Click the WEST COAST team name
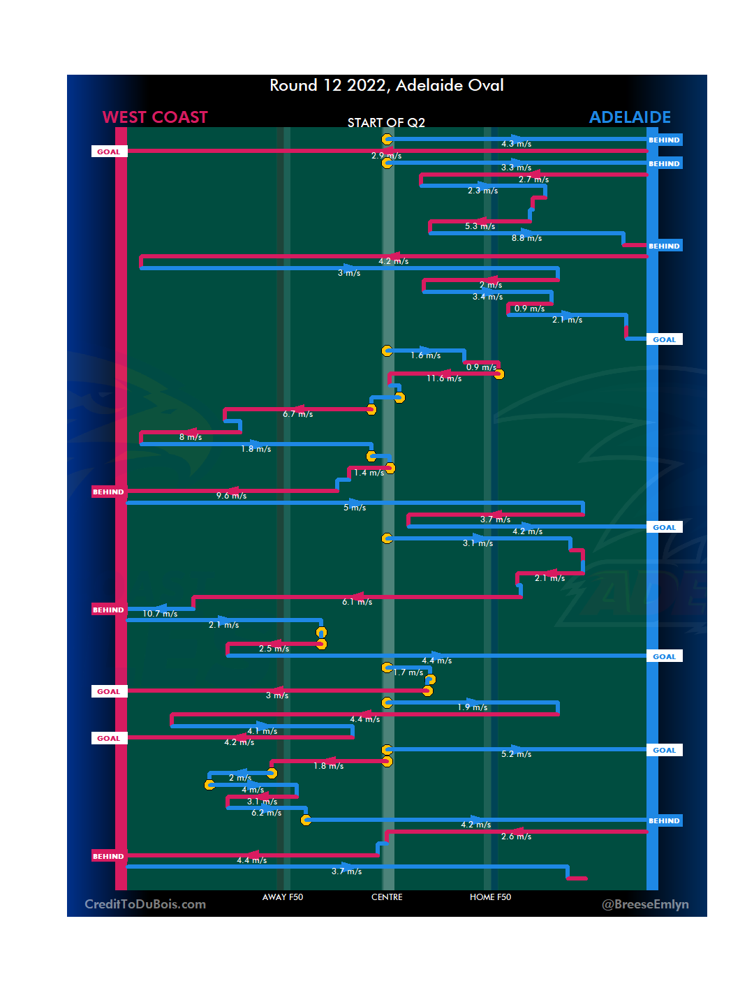tap(155, 117)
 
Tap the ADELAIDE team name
tap(630, 117)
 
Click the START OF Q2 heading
tap(386, 123)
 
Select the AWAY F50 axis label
tap(283, 897)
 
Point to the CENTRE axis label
tap(387, 897)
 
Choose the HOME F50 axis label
tap(490, 897)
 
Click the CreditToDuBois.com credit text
tap(145, 904)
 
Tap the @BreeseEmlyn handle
tap(645, 904)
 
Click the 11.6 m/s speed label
tap(444, 378)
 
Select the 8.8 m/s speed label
tap(526, 238)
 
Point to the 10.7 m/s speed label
tap(160, 614)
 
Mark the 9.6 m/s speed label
tap(231, 496)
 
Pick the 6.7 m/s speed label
tap(297, 414)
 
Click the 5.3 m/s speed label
tap(480, 226)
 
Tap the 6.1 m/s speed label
tap(357, 602)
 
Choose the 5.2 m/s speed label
tap(516, 754)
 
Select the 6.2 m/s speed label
tap(266, 813)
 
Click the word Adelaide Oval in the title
tap(450, 85)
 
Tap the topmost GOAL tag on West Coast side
tap(109, 152)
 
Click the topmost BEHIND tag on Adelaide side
tap(664, 140)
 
